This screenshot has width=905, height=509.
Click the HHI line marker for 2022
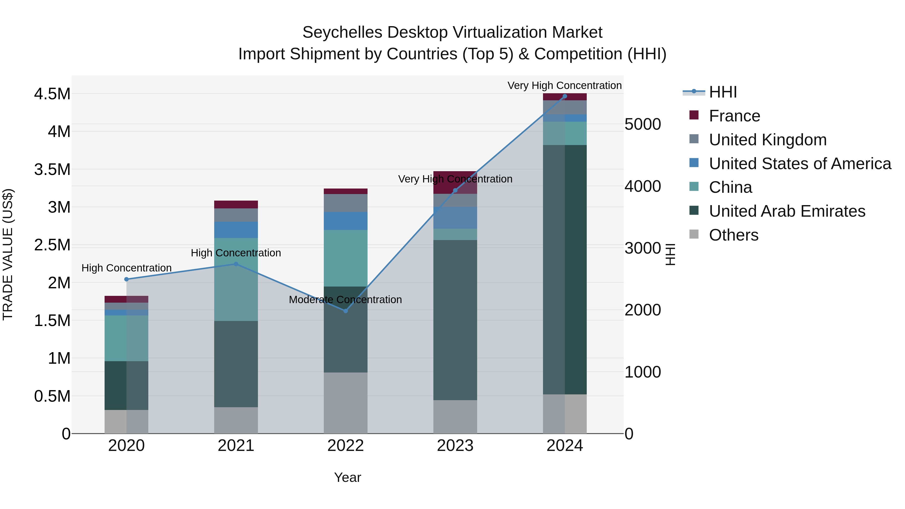click(345, 311)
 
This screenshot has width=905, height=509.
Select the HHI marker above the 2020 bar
click(126, 279)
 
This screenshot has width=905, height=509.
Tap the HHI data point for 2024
click(565, 96)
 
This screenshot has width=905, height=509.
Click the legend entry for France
click(734, 116)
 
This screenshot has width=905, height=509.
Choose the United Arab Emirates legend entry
click(787, 211)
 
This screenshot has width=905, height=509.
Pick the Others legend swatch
click(694, 234)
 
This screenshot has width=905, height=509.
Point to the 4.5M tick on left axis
click(52, 94)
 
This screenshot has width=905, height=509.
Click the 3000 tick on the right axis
click(643, 248)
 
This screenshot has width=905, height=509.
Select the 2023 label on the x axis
click(455, 446)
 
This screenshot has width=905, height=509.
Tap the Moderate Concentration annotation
click(345, 300)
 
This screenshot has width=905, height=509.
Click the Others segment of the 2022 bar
click(345, 403)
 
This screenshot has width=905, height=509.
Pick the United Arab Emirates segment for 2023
click(455, 320)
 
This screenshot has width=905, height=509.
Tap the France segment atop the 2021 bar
click(236, 204)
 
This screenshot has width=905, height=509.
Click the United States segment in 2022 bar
click(345, 221)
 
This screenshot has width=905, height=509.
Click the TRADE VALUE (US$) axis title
click(8, 254)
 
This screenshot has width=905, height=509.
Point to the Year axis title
click(347, 477)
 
